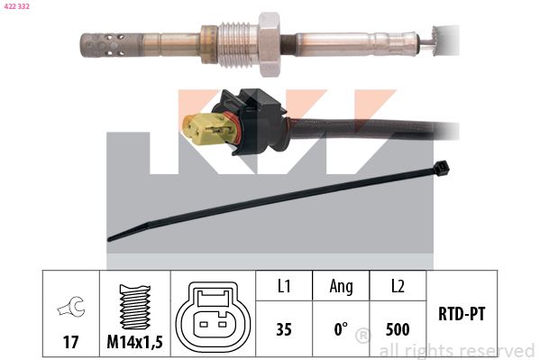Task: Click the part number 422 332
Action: click(x=16, y=6)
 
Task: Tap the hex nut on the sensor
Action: click(x=270, y=45)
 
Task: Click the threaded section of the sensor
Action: click(x=238, y=45)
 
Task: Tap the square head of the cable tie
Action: click(x=442, y=168)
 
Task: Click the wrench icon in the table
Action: click(x=71, y=306)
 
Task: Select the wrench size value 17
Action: click(x=70, y=342)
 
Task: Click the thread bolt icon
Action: click(x=135, y=307)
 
